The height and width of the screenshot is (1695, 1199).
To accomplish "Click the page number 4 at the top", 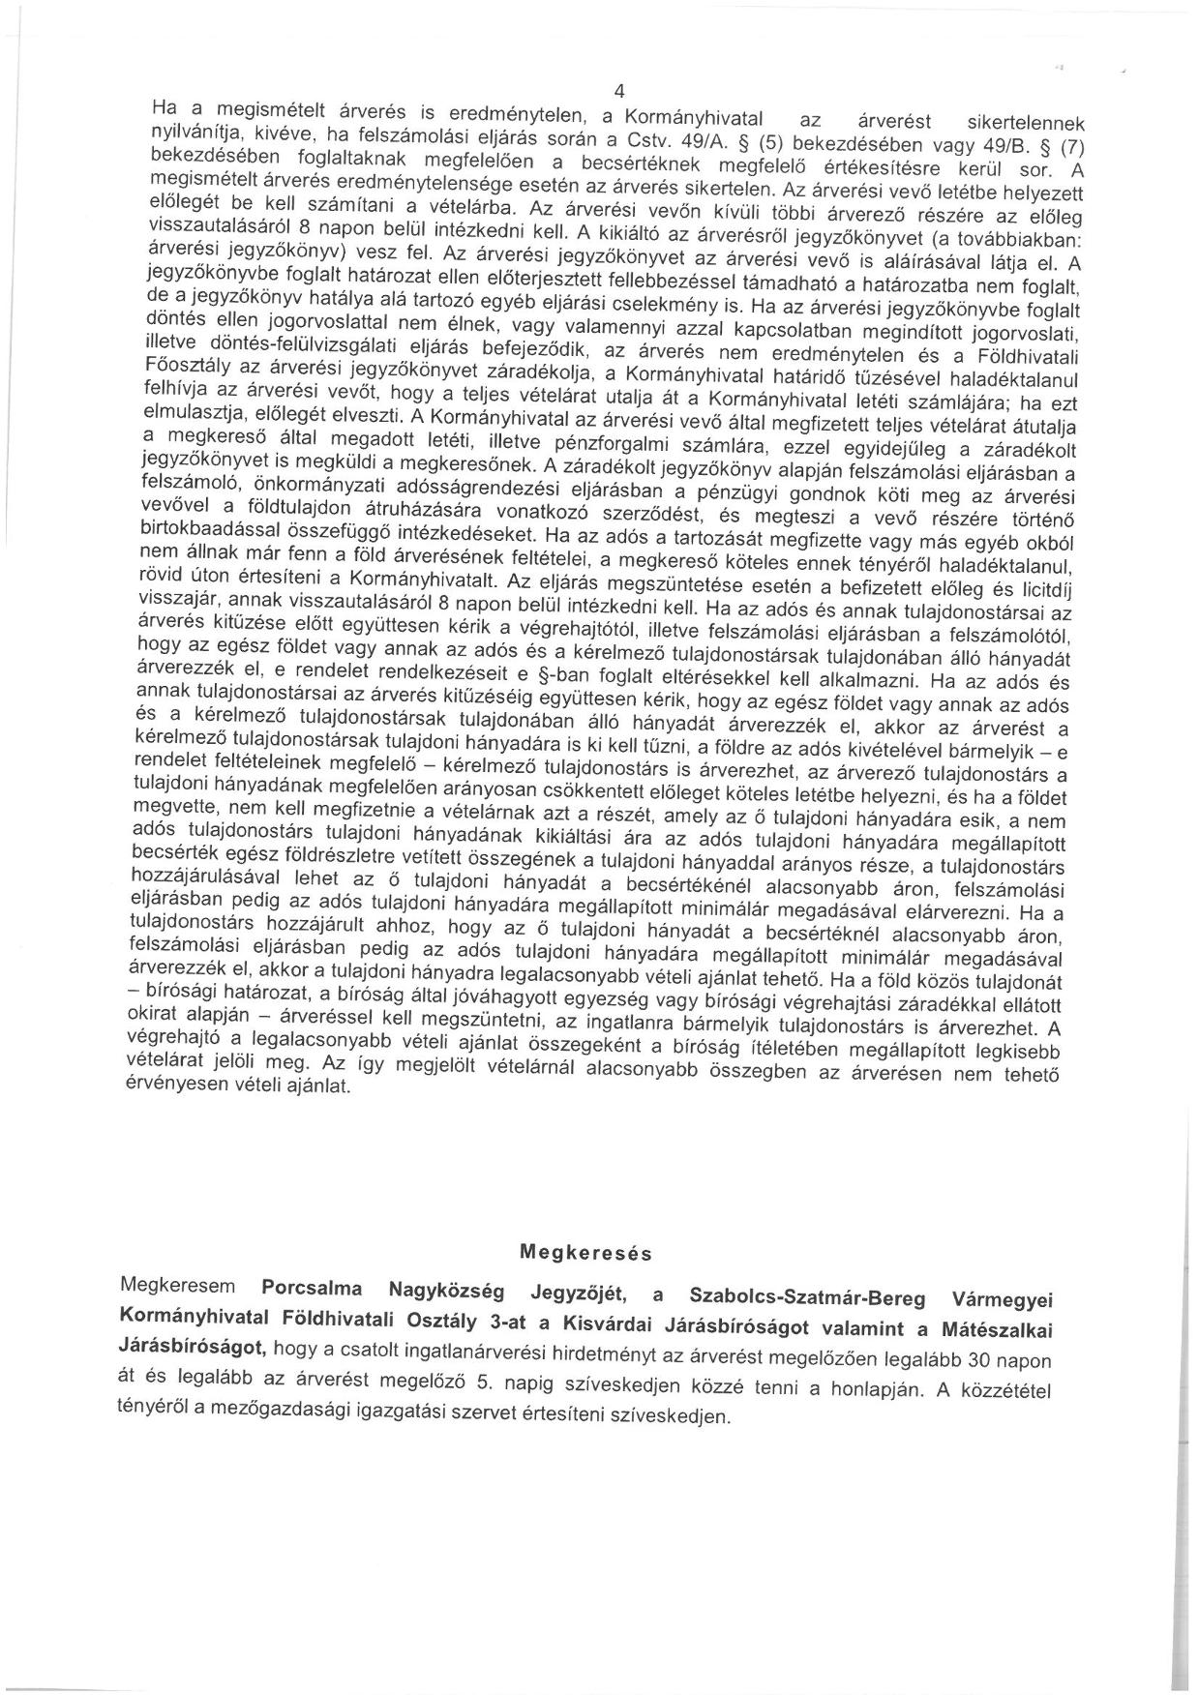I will tap(618, 93).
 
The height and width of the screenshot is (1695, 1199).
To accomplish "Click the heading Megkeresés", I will tap(585, 1253).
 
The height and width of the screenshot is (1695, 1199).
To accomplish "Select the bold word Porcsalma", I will tap(312, 1289).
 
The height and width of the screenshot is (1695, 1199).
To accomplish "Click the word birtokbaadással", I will tap(199, 531).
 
